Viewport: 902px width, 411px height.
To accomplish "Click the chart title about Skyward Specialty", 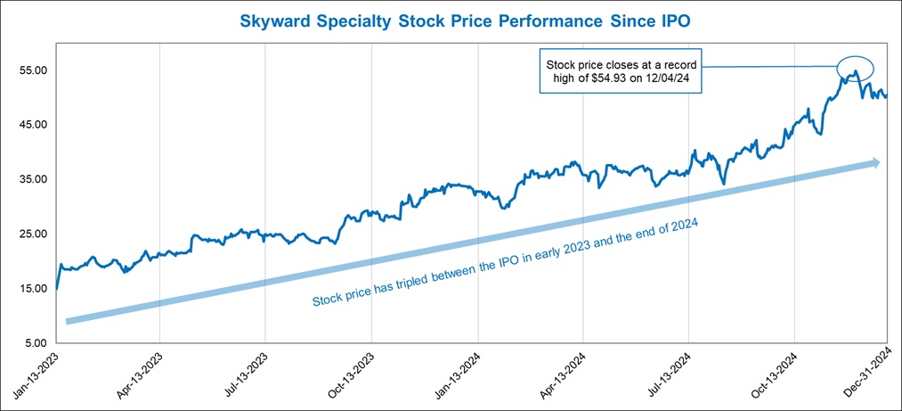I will point(451,19).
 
